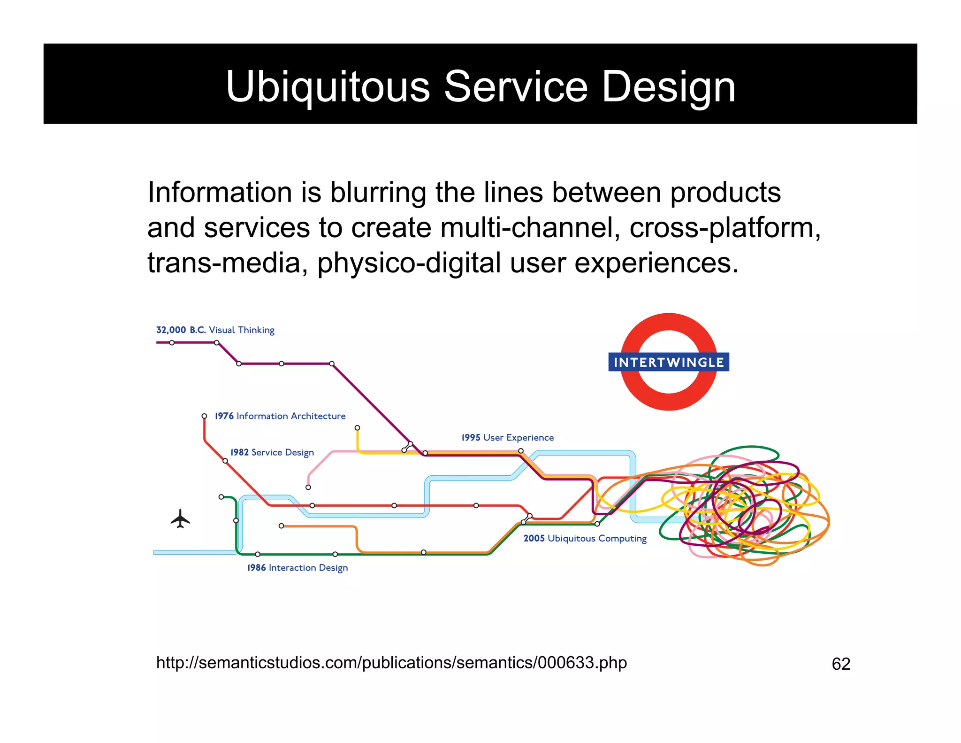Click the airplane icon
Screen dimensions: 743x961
pyautogui.click(x=180, y=519)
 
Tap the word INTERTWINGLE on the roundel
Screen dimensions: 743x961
pyautogui.click(x=669, y=362)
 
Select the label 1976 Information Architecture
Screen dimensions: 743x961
pyautogui.click(x=280, y=416)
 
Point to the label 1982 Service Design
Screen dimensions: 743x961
pyautogui.click(x=272, y=452)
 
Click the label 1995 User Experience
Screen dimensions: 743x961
pyautogui.click(x=507, y=438)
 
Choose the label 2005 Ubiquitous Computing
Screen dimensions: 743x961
pyautogui.click(x=585, y=539)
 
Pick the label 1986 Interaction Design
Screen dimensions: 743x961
pyautogui.click(x=297, y=568)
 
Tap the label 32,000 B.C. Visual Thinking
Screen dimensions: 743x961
pyautogui.click(x=215, y=330)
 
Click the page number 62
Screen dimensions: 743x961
pyautogui.click(x=841, y=664)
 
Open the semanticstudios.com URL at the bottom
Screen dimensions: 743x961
pyautogui.click(x=391, y=663)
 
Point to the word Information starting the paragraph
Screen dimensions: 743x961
pyautogui.click(x=220, y=193)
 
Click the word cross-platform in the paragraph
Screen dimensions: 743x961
pyautogui.click(x=725, y=228)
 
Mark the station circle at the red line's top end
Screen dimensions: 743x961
pyautogui.click(x=204, y=416)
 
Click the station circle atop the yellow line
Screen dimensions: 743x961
pyautogui.click(x=358, y=428)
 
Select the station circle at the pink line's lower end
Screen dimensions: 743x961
pyautogui.click(x=308, y=488)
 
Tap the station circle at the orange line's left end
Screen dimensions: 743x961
pyautogui.click(x=281, y=526)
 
